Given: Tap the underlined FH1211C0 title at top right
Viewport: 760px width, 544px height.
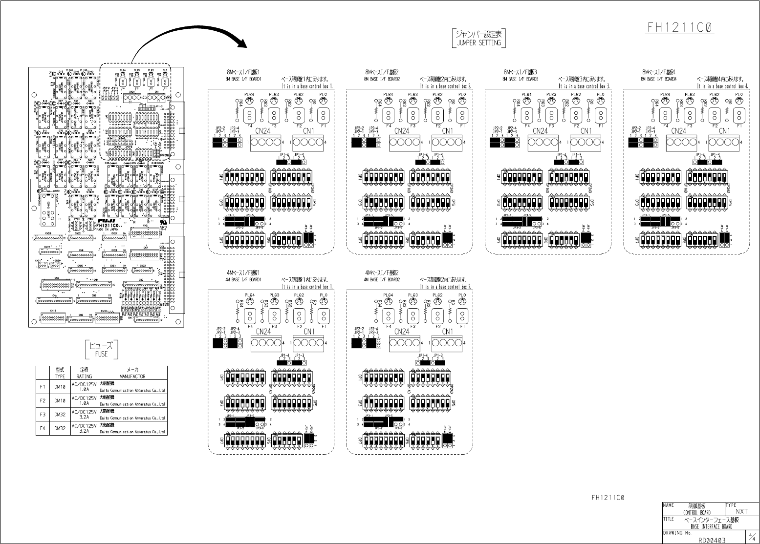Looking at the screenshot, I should point(681,27).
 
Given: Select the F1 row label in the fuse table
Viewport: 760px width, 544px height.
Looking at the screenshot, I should point(43,387).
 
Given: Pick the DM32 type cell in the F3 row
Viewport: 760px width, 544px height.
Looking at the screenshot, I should point(60,414).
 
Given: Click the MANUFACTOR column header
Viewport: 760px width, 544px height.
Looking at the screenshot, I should point(132,377).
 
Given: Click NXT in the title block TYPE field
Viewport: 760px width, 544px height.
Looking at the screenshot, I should point(741,511).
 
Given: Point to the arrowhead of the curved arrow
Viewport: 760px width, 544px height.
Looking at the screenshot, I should point(243,45).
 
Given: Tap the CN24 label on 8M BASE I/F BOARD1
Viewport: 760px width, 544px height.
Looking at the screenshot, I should point(263,131).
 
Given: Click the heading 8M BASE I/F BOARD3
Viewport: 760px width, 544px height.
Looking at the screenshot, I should point(521,79).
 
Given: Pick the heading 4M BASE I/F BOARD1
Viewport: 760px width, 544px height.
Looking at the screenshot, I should point(244,280).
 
